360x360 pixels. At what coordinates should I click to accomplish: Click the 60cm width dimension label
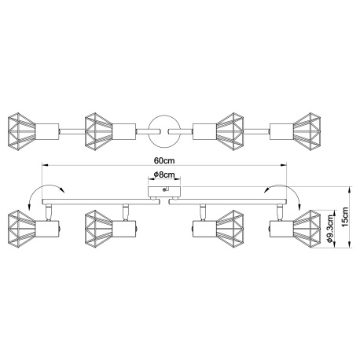pyautogui.click(x=164, y=160)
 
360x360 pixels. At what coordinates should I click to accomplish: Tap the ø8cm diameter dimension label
pyautogui.click(x=164, y=174)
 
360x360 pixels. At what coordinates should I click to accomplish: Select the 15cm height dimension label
pyautogui.click(x=345, y=217)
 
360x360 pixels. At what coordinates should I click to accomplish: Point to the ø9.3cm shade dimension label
pyautogui.click(x=330, y=228)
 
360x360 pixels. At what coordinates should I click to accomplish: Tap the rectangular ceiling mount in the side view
pyautogui.click(x=164, y=192)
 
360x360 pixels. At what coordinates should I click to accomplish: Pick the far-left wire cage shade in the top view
pyautogui.click(x=21, y=131)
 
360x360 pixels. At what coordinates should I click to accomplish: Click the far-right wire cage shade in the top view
pyautogui.click(x=307, y=131)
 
